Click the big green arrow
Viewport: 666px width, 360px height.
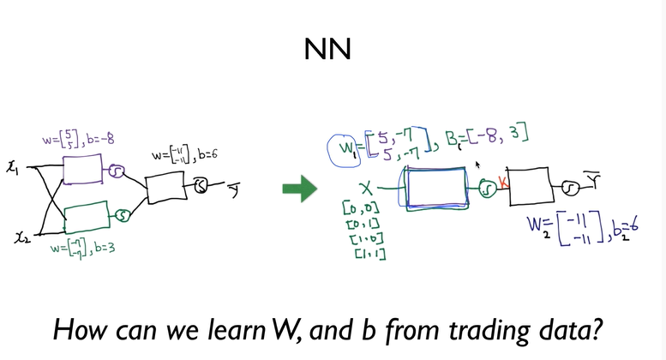[299, 189]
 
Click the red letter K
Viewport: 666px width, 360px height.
[504, 183]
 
